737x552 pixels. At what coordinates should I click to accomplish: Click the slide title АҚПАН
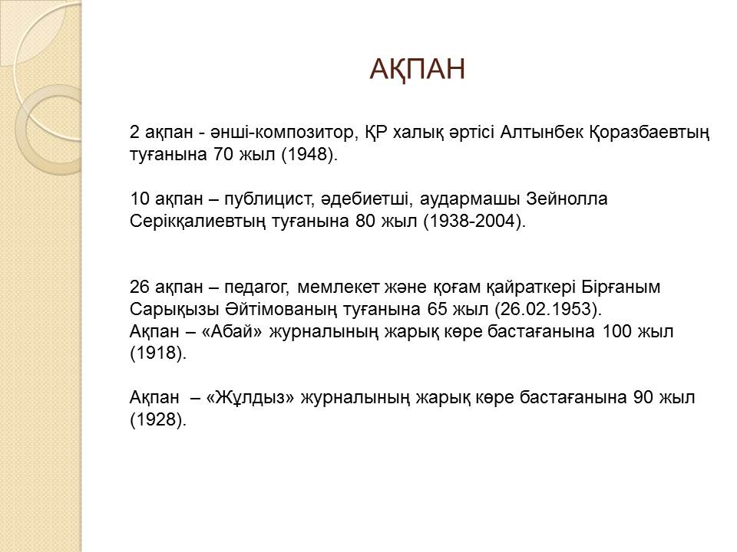click(x=418, y=70)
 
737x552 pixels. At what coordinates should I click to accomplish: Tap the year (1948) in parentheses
click(x=309, y=155)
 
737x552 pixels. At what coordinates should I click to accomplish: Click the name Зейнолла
click(x=567, y=199)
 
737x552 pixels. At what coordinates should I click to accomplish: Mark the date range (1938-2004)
click(x=474, y=222)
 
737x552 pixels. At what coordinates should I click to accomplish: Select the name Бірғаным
click(x=621, y=287)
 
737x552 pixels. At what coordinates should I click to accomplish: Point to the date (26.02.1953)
click(x=548, y=309)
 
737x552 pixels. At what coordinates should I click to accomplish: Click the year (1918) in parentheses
click(x=158, y=353)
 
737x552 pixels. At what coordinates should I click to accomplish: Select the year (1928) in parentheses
click(x=158, y=420)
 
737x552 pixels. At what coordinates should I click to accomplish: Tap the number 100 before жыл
click(x=616, y=331)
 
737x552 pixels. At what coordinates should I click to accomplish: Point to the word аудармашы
click(x=470, y=199)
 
